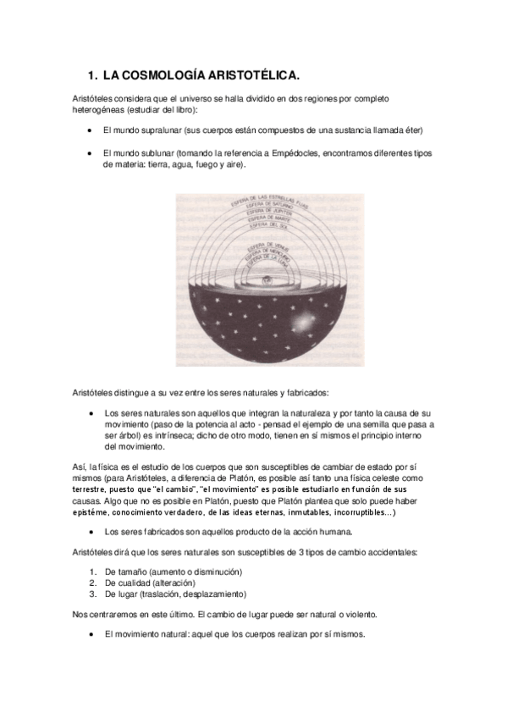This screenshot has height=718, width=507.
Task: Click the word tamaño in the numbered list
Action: click(132, 572)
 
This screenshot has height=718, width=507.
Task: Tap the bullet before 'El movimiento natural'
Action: click(89, 634)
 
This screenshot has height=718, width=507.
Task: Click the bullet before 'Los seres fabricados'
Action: click(89, 532)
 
